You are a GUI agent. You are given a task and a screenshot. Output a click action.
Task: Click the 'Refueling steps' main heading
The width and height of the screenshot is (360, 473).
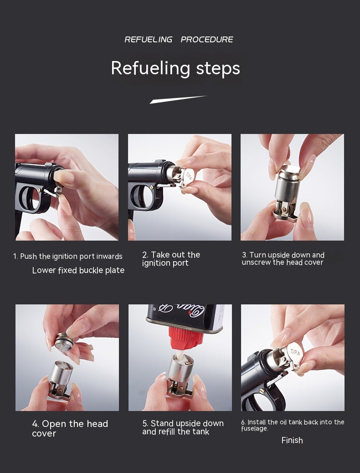click(x=175, y=68)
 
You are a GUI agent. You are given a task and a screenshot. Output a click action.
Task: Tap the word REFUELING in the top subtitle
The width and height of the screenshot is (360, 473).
click(x=149, y=40)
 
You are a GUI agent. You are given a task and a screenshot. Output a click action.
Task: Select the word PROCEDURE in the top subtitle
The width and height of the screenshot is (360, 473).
click(x=207, y=40)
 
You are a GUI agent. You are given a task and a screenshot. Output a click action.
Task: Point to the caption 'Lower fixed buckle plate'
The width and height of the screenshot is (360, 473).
click(x=78, y=270)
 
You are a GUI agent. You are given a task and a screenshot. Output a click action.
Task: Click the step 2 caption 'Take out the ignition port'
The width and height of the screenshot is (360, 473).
click(x=171, y=259)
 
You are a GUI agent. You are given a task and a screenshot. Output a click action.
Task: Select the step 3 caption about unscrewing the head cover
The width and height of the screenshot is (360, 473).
click(x=283, y=258)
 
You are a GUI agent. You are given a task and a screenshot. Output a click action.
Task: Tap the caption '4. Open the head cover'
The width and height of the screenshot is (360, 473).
click(x=70, y=428)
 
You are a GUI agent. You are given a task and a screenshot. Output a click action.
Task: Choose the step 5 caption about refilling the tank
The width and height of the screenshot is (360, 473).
click(x=183, y=427)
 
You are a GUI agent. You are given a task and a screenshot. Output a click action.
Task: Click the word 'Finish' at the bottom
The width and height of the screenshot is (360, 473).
click(x=292, y=440)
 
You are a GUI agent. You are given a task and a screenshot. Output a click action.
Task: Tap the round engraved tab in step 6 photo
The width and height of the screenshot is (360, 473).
click(x=295, y=352)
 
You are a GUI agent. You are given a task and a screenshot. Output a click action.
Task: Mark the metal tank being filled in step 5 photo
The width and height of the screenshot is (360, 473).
click(x=180, y=370)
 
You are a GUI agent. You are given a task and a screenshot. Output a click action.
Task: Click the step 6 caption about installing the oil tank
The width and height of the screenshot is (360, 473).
click(x=293, y=425)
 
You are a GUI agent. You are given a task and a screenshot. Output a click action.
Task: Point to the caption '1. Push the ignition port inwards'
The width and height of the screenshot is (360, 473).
click(x=68, y=256)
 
